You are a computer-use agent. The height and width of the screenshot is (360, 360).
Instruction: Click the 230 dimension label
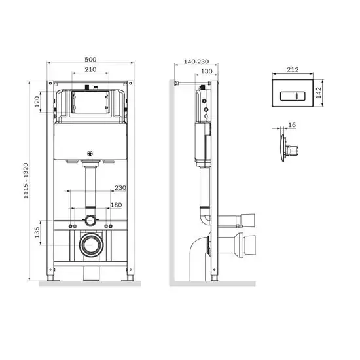pos(120,189)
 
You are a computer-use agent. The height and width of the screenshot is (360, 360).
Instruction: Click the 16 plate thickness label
pos(292,123)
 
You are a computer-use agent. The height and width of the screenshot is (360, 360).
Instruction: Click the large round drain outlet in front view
pos(90,245)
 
